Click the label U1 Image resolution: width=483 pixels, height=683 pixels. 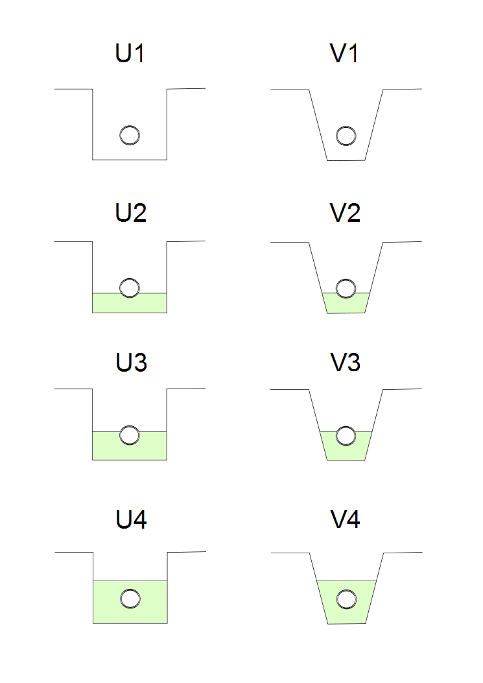(x=130, y=54)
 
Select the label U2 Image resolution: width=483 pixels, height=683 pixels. (x=130, y=213)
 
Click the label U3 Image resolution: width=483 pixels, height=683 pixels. (x=131, y=362)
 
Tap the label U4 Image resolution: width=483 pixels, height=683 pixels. (x=131, y=520)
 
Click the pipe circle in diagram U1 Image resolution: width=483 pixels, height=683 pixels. (x=130, y=135)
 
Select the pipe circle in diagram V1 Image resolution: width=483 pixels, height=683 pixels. (x=346, y=135)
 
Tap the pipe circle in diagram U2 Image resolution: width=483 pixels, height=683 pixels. (x=130, y=288)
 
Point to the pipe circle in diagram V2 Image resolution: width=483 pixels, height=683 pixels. (x=346, y=288)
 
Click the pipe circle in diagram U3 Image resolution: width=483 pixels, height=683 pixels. (x=130, y=435)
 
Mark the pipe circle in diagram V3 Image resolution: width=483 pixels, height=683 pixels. (x=346, y=435)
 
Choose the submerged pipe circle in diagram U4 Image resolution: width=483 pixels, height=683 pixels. (x=130, y=599)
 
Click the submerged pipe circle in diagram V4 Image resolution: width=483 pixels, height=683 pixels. (x=346, y=599)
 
